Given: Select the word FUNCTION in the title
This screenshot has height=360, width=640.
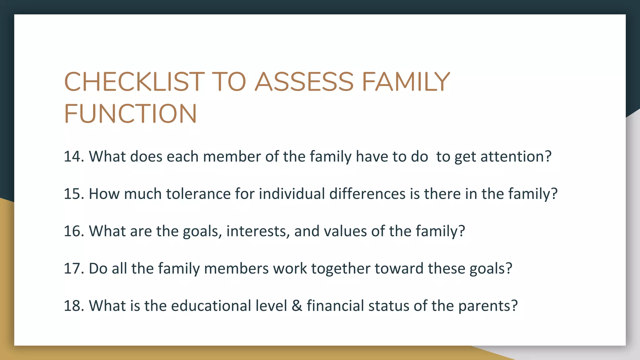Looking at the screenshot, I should [130, 113].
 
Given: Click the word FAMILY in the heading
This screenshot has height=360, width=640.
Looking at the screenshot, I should [406, 82].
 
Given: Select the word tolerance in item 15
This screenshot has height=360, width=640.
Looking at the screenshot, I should [198, 194].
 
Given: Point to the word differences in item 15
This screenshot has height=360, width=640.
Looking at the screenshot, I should [367, 194].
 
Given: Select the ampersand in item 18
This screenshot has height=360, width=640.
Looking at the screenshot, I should [297, 306].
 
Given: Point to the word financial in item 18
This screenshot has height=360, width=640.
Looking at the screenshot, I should [335, 306].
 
